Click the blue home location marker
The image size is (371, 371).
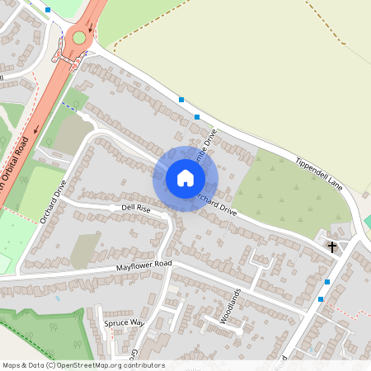click(x=185, y=178)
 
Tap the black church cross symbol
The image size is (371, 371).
click(x=332, y=246)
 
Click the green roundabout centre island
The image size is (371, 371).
click(x=79, y=37)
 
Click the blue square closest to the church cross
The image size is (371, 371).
click(x=327, y=282)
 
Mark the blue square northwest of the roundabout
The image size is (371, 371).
click(x=48, y=10)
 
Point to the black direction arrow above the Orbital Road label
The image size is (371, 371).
click(x=36, y=128)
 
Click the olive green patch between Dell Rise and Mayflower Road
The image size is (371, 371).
click(x=85, y=250)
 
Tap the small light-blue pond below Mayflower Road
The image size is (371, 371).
click(x=58, y=298)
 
